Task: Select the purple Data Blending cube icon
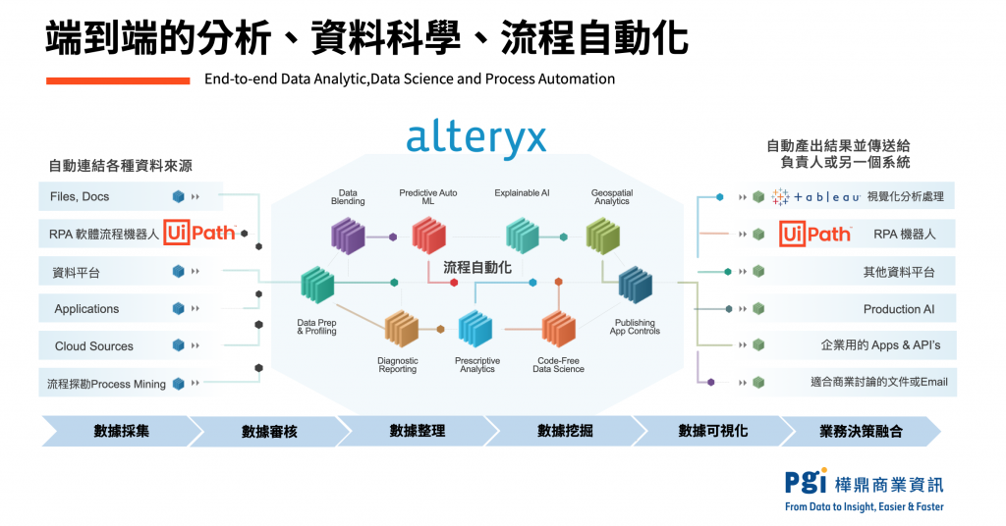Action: (348, 236)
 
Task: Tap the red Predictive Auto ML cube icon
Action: (428, 236)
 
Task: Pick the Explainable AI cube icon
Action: (522, 236)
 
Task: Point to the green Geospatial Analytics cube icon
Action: (602, 236)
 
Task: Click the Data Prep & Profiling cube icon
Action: (317, 284)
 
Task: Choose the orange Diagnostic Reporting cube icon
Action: (401, 330)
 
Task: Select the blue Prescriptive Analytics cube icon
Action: (475, 330)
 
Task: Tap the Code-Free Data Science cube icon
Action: (559, 330)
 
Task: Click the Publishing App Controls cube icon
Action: (635, 285)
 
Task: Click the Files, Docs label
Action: (80, 196)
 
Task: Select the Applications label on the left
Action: (86, 309)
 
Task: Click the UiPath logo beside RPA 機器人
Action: (815, 234)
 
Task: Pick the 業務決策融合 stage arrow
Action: (860, 431)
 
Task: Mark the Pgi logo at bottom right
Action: (805, 482)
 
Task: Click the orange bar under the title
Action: (118, 79)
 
